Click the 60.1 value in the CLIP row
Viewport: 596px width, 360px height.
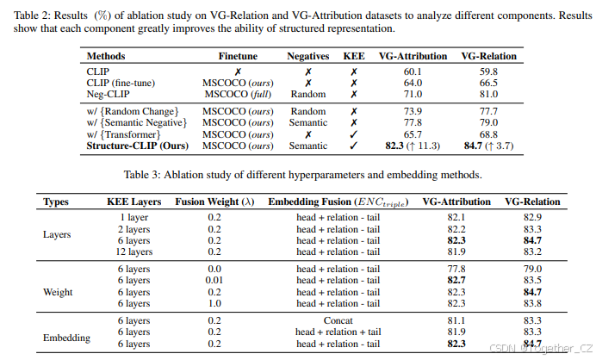click(x=413, y=71)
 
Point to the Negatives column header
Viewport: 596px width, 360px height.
click(x=308, y=56)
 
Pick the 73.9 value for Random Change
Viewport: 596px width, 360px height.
click(x=413, y=112)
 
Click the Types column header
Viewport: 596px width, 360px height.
click(x=56, y=202)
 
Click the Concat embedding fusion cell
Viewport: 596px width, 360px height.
click(x=338, y=319)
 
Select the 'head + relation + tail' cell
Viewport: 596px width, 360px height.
click(x=338, y=331)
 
